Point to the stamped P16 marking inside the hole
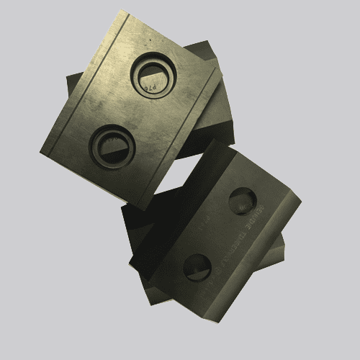tap(149, 87)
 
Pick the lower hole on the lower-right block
tap(196, 266)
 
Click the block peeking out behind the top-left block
tap(216, 108)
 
